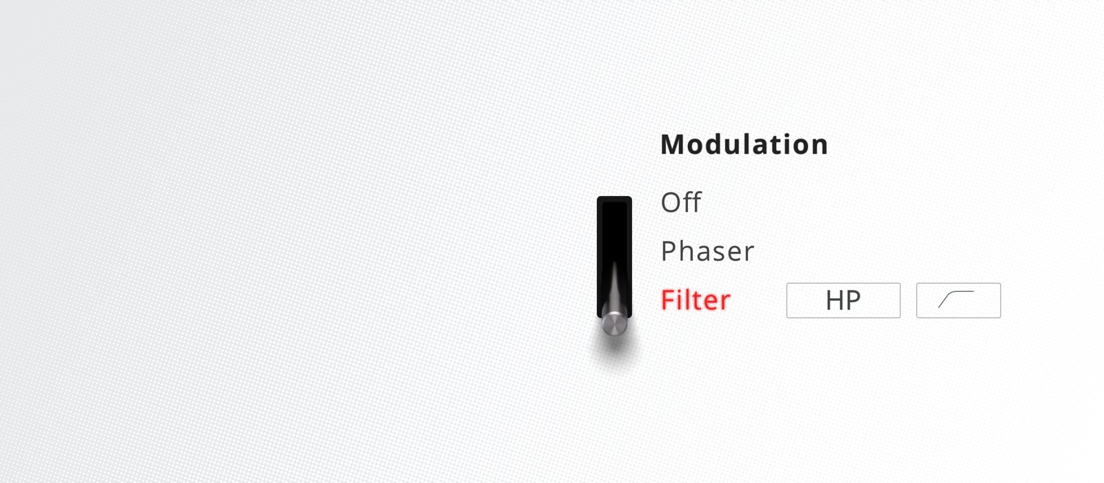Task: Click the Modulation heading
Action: pyautogui.click(x=745, y=144)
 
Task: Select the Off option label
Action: pyautogui.click(x=681, y=202)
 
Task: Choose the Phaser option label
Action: pyautogui.click(x=707, y=251)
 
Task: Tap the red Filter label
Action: pyautogui.click(x=696, y=299)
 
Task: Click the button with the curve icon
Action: pyautogui.click(x=958, y=300)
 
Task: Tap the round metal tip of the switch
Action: pyautogui.click(x=615, y=324)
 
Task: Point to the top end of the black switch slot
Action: pyautogui.click(x=614, y=198)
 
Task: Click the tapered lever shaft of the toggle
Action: pyautogui.click(x=615, y=288)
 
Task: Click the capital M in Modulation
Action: pyautogui.click(x=673, y=145)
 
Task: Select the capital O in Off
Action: pyautogui.click(x=671, y=203)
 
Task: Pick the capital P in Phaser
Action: pyautogui.click(x=669, y=251)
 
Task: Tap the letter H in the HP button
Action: pyautogui.click(x=834, y=300)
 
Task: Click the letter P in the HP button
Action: pyautogui.click(x=854, y=300)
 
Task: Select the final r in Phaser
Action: pyautogui.click(x=748, y=253)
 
